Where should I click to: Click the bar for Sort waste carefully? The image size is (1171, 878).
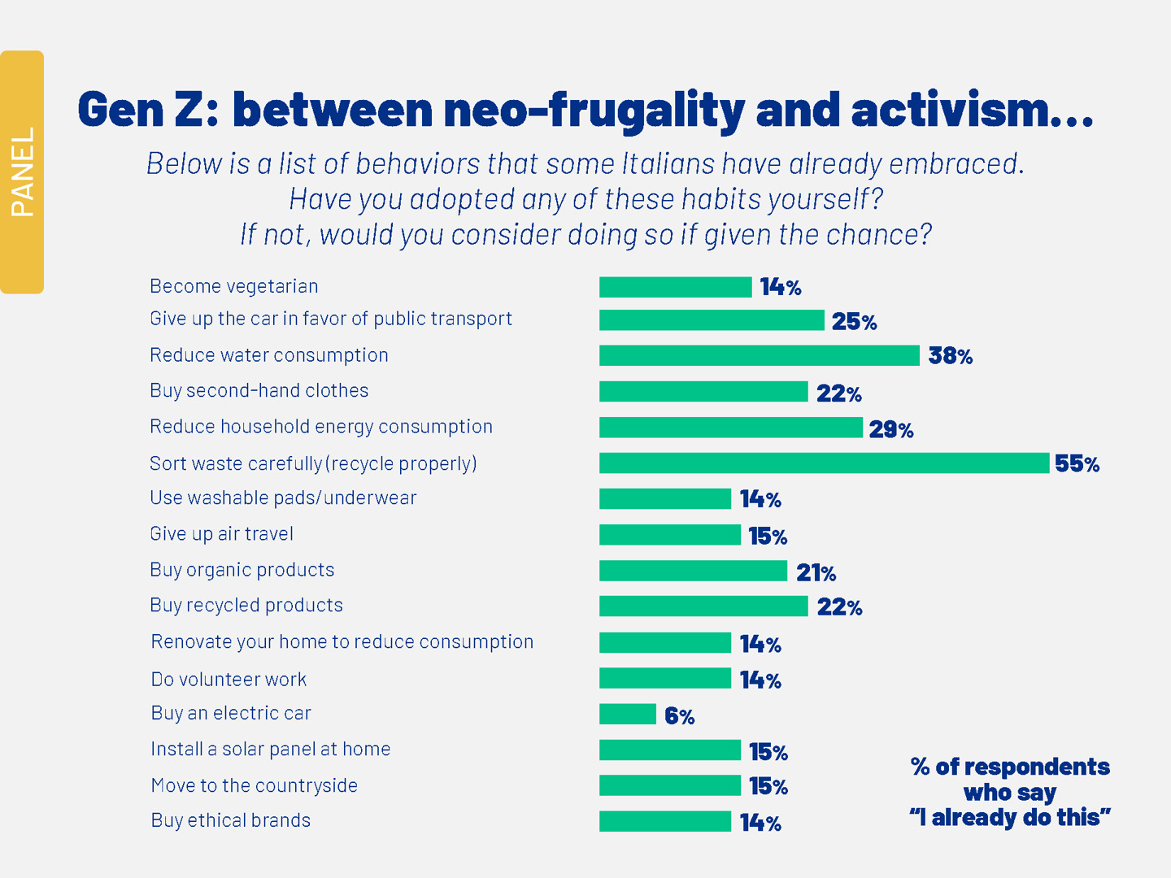coord(824,463)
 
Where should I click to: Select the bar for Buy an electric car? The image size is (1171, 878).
coord(628,714)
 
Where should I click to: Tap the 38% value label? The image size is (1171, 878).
coord(950,355)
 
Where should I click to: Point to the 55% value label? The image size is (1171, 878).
coord(1077,464)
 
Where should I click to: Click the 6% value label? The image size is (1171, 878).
coord(679,716)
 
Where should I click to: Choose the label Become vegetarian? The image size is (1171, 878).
coord(234,286)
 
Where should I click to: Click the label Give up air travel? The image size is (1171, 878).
coord(221,534)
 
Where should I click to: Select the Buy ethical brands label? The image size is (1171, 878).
coord(231,820)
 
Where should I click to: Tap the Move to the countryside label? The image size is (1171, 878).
coord(255,785)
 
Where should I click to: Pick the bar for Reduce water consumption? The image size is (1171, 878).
coord(759,355)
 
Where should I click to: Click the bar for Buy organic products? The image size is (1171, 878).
coord(693,571)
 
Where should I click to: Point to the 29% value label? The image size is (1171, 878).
coord(890,429)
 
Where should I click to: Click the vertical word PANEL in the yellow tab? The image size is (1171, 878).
coord(23,172)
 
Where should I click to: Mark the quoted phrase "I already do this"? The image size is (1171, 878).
coord(1010,817)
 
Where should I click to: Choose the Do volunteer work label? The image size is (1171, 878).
coord(229,680)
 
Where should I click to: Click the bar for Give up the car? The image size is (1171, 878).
coord(712,320)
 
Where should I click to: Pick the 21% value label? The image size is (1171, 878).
coord(816,573)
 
